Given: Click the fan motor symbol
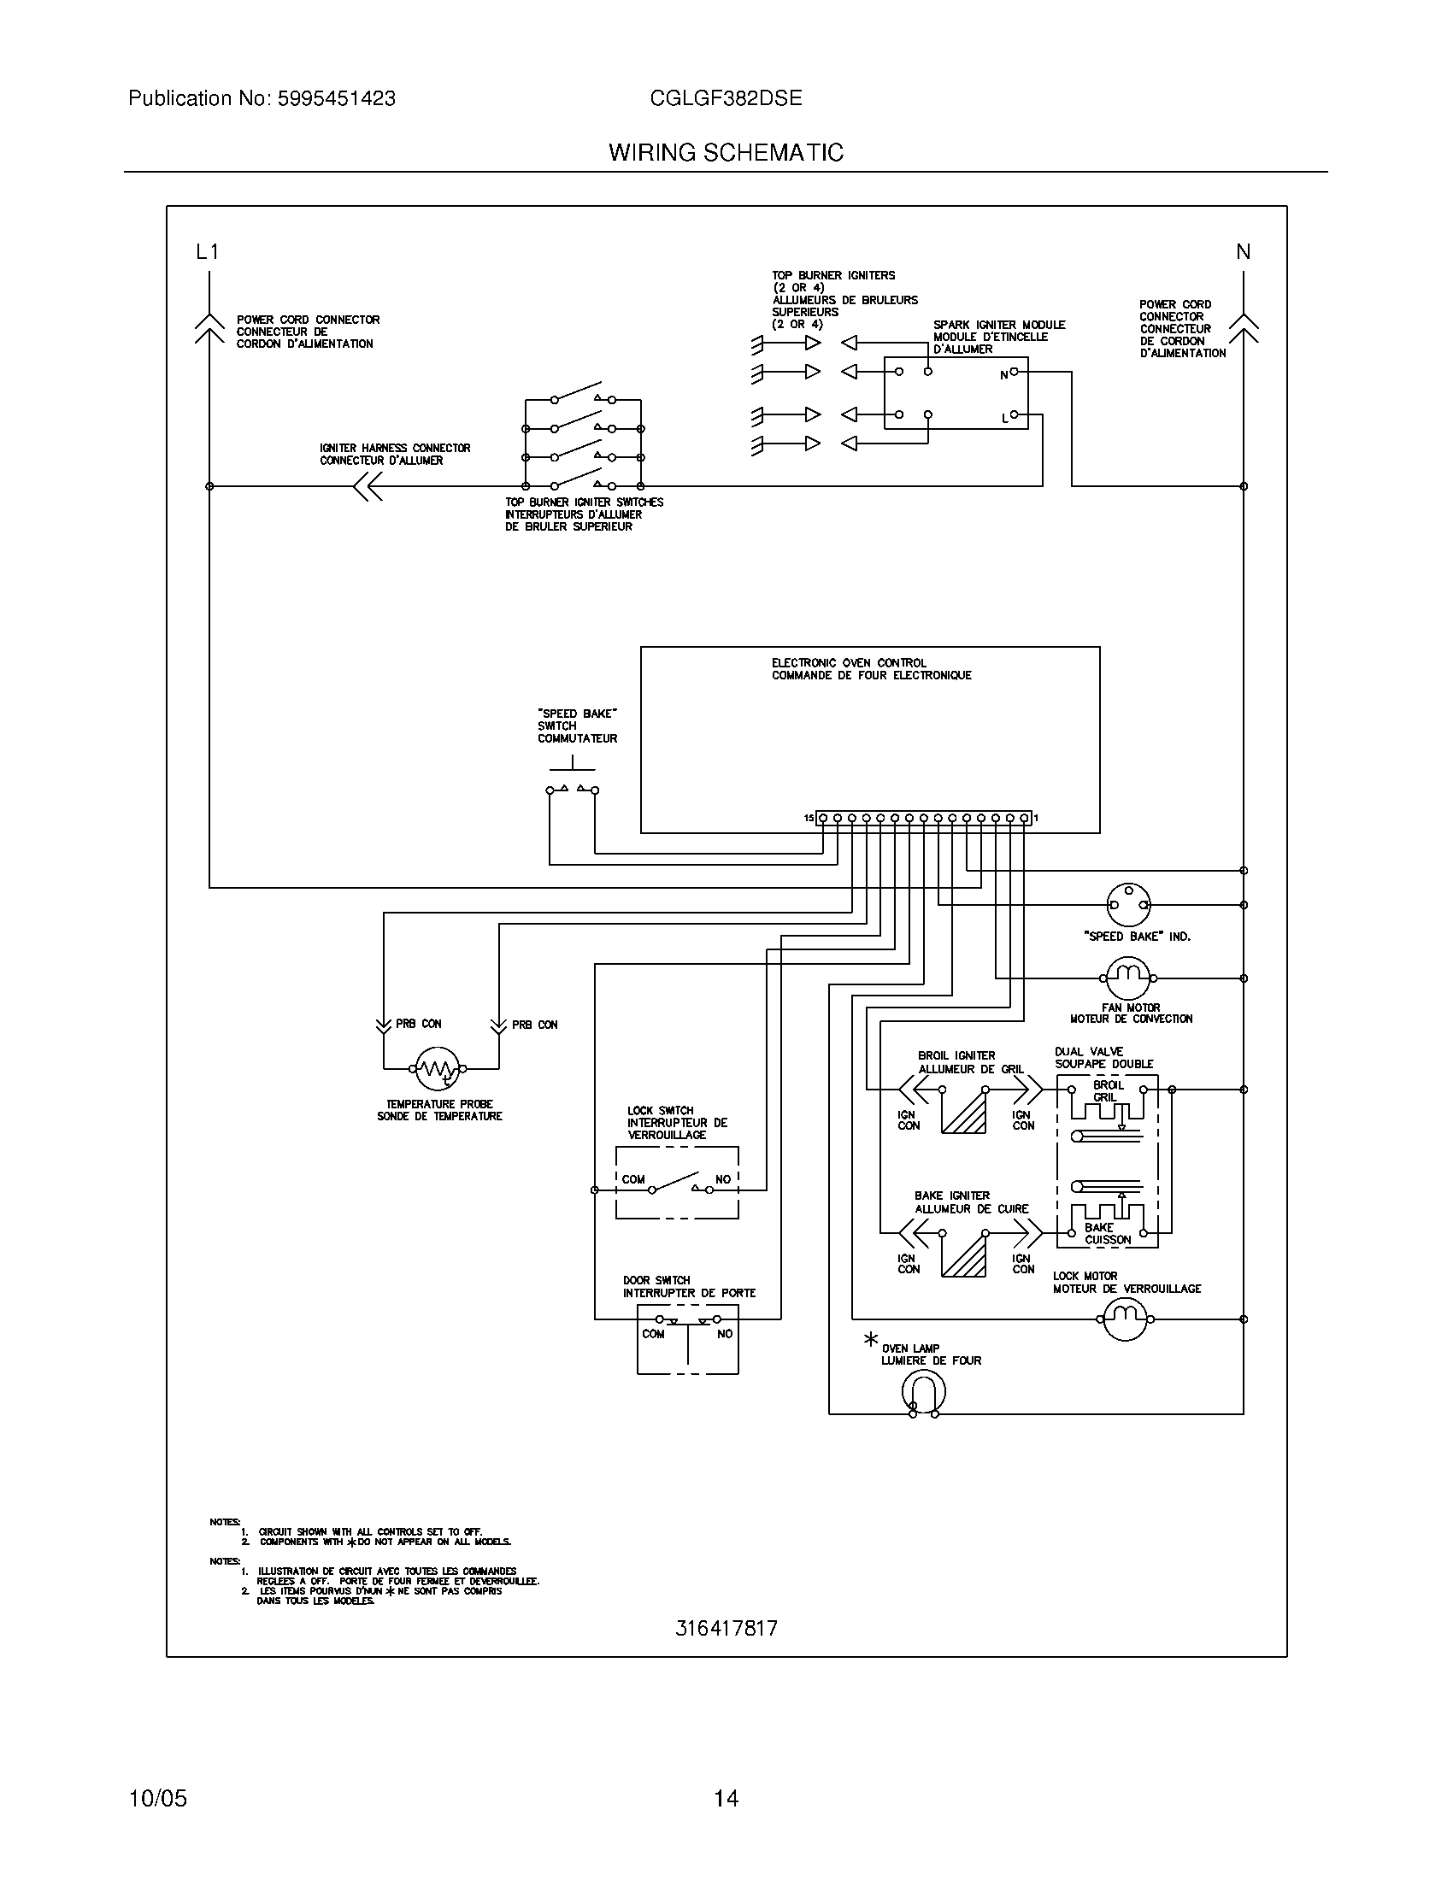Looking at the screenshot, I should click(1127, 978).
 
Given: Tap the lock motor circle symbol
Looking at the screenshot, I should click(1126, 1319).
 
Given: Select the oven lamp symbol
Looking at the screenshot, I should click(924, 1392).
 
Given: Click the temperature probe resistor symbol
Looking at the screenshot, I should click(438, 1068).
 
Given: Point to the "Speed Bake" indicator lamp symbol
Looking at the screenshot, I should click(1127, 905).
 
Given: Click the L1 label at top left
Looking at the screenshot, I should click(208, 252).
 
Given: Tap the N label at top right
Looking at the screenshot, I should click(1243, 252).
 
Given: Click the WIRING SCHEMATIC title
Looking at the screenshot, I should click(726, 153).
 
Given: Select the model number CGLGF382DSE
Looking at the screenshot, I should click(726, 99).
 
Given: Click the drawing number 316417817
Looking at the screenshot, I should click(726, 1628).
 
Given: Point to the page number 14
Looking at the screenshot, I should click(726, 1798).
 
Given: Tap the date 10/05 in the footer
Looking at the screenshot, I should click(157, 1798).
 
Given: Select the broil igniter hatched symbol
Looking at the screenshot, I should click(964, 1111).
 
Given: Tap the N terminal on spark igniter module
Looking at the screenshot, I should click(1014, 372).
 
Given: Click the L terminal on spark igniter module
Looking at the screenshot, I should click(1014, 415).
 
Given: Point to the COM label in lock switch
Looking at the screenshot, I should click(633, 1179).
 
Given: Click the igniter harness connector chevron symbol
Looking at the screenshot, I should click(368, 486).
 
